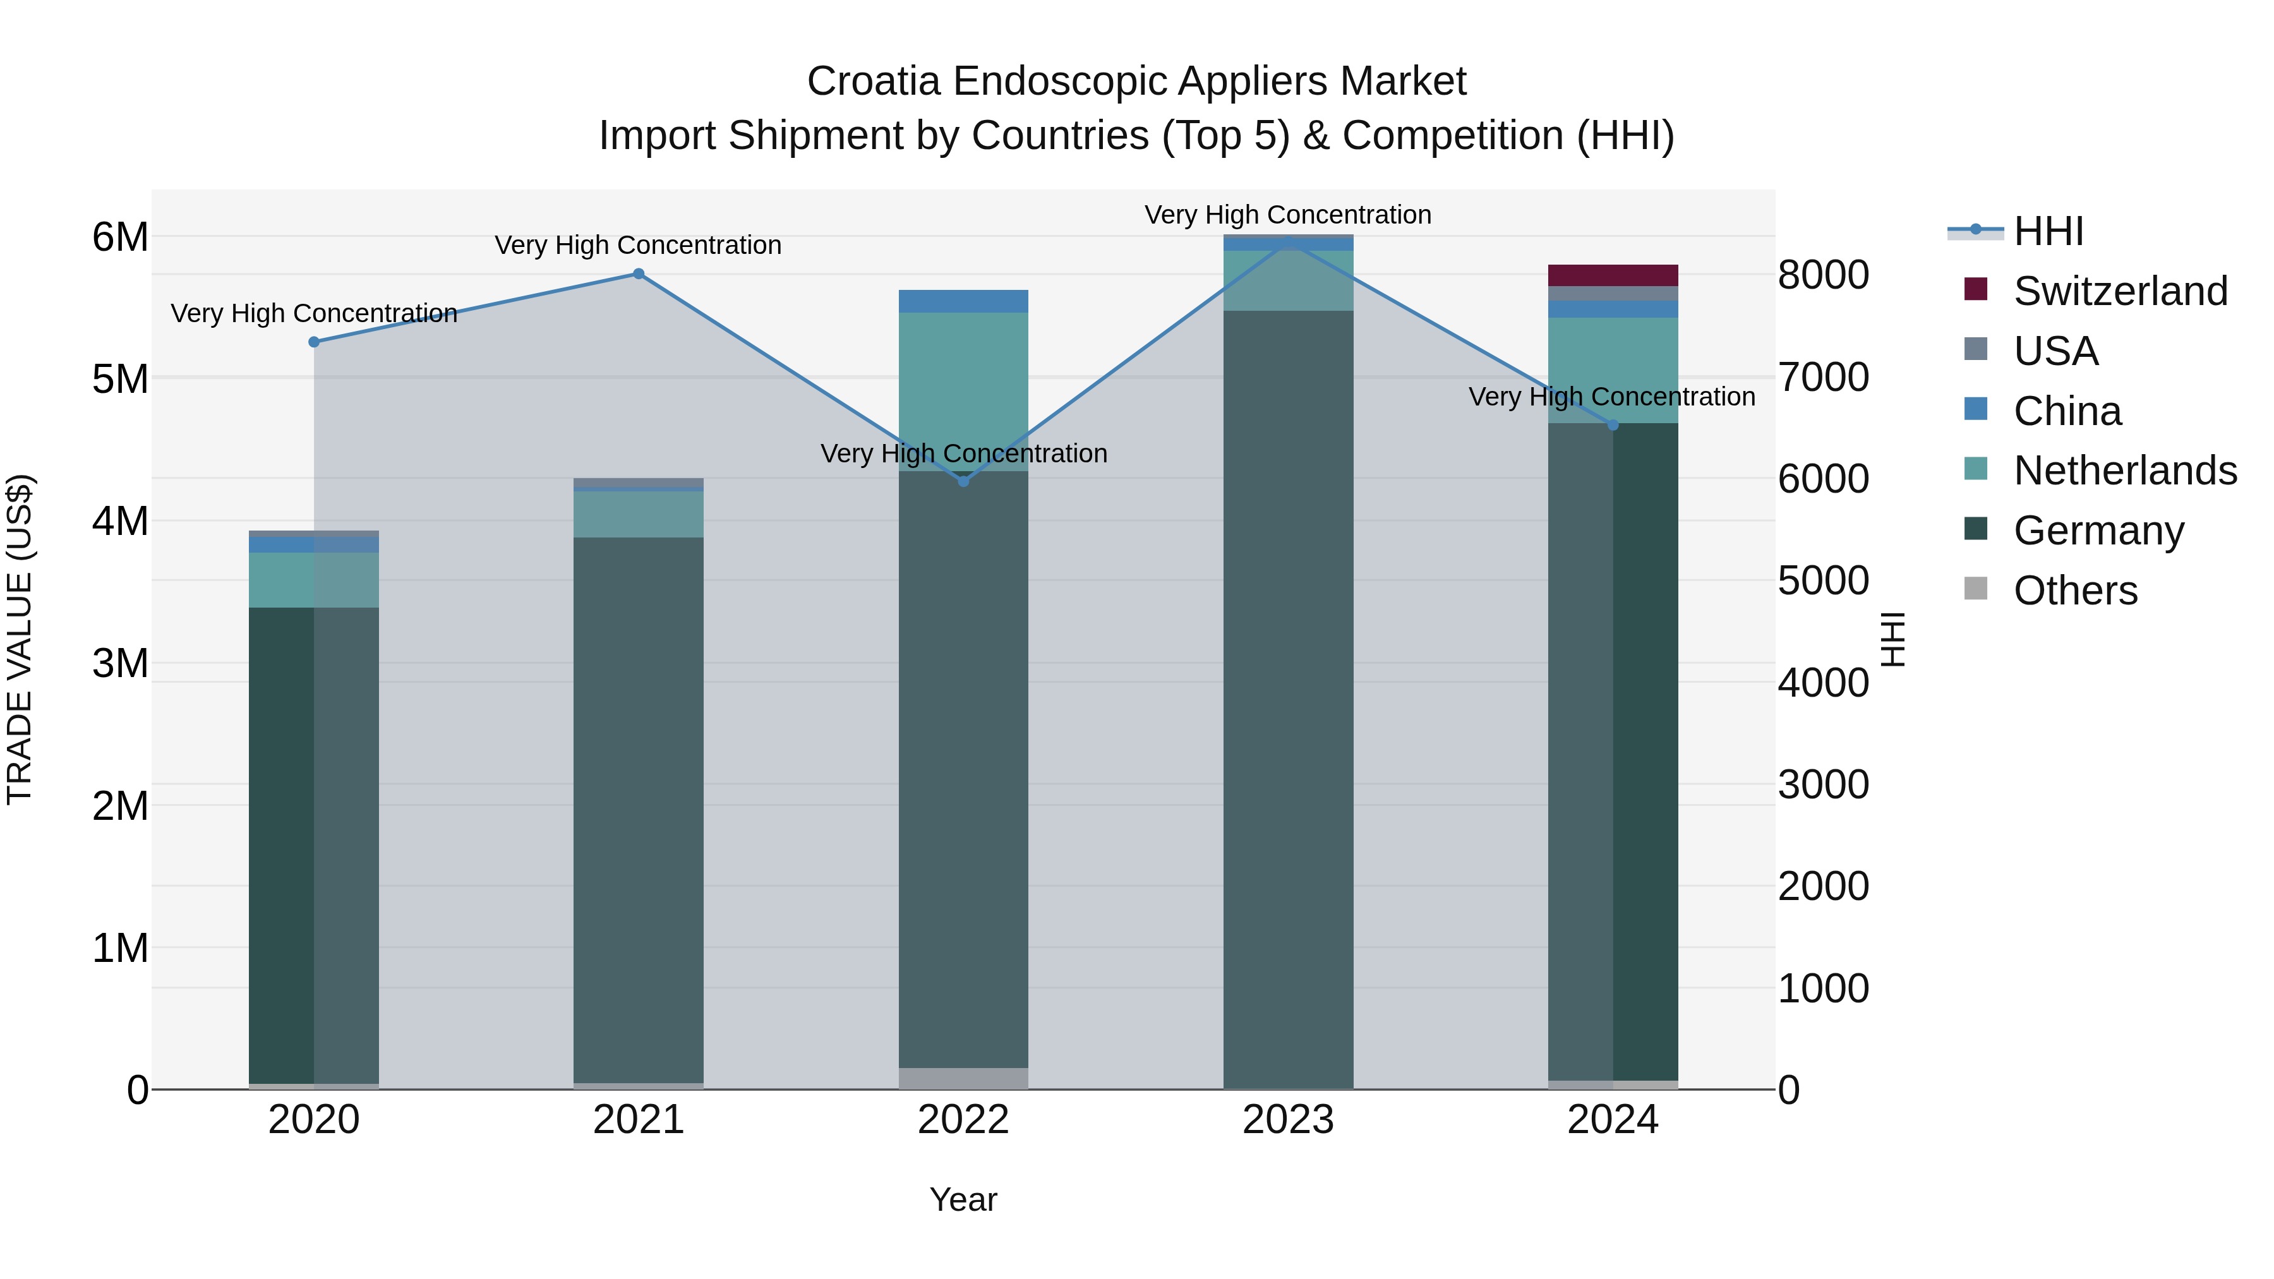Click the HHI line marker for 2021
(638, 273)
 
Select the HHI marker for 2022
(963, 481)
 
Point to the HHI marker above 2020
(315, 342)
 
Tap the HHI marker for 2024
(1613, 424)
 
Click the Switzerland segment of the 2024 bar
(1613, 275)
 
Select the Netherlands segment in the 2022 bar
(963, 391)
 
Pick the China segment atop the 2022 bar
(963, 301)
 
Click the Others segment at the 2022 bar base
(963, 1079)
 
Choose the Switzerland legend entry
(2119, 291)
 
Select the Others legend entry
(2074, 591)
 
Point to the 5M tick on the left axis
(120, 380)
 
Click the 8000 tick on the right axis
(1823, 275)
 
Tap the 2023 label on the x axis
(1288, 1120)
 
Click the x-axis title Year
(963, 1199)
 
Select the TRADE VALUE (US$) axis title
(20, 639)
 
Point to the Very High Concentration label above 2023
(1288, 215)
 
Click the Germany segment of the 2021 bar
(638, 810)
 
